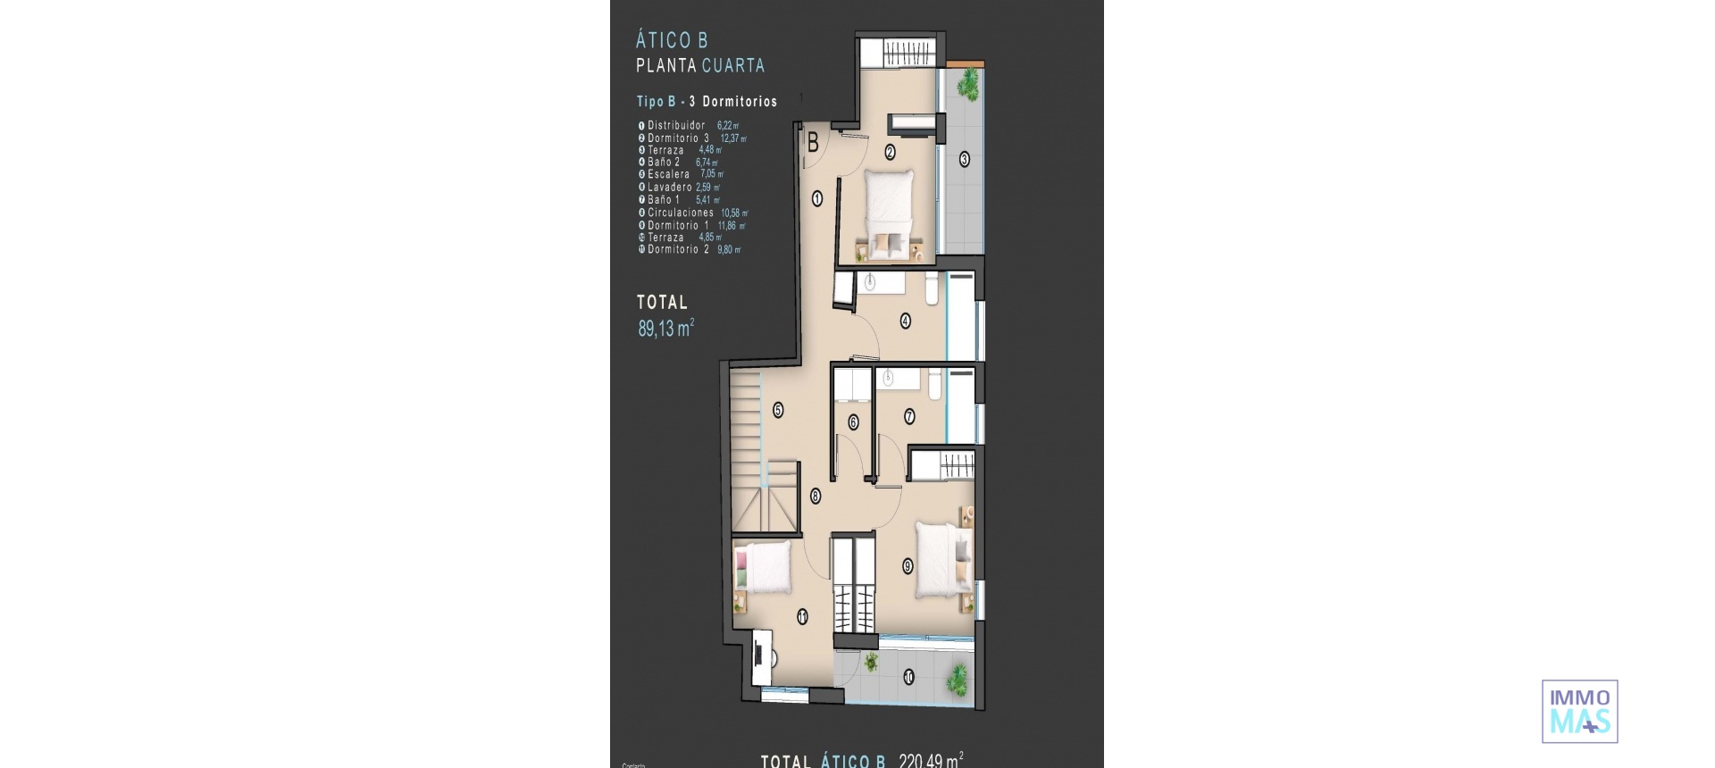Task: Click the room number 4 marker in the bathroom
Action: click(x=905, y=321)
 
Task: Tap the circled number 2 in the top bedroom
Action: click(x=890, y=153)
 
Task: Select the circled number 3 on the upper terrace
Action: click(x=964, y=160)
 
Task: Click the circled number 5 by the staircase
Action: click(x=778, y=410)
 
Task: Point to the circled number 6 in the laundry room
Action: click(x=853, y=422)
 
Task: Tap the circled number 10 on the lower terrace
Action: click(x=908, y=677)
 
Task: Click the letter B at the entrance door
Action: click(x=813, y=142)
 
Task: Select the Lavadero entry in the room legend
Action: click(x=669, y=188)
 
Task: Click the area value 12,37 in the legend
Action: click(x=732, y=138)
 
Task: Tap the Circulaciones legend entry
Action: click(x=680, y=213)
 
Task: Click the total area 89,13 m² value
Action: click(x=665, y=329)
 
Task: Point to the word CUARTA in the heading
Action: click(x=732, y=65)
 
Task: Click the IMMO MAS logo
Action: click(x=1579, y=712)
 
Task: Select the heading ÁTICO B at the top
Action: click(x=672, y=40)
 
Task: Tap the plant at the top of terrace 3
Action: click(x=967, y=85)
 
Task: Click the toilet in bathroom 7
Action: click(x=933, y=383)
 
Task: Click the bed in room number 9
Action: click(x=942, y=559)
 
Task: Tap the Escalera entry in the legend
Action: click(x=668, y=175)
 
